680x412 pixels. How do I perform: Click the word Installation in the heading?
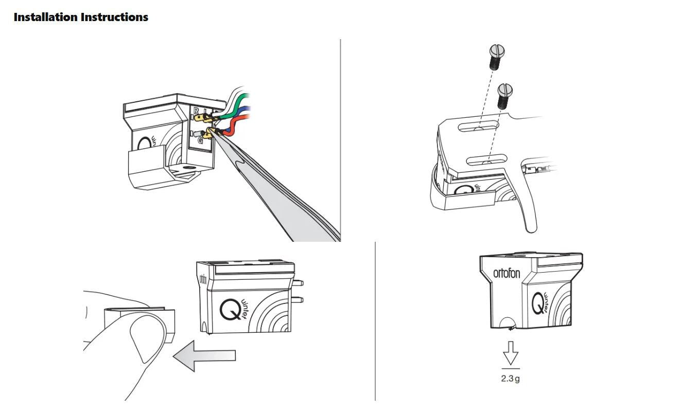[x=45, y=17]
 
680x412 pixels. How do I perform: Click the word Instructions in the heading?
[x=114, y=17]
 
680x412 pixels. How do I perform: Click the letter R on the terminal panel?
[x=196, y=110]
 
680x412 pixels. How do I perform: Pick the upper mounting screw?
[x=497, y=56]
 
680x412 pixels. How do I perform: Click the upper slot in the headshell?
[x=480, y=126]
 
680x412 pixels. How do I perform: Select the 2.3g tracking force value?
[x=510, y=380]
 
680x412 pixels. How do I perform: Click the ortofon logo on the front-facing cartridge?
[x=507, y=273]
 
